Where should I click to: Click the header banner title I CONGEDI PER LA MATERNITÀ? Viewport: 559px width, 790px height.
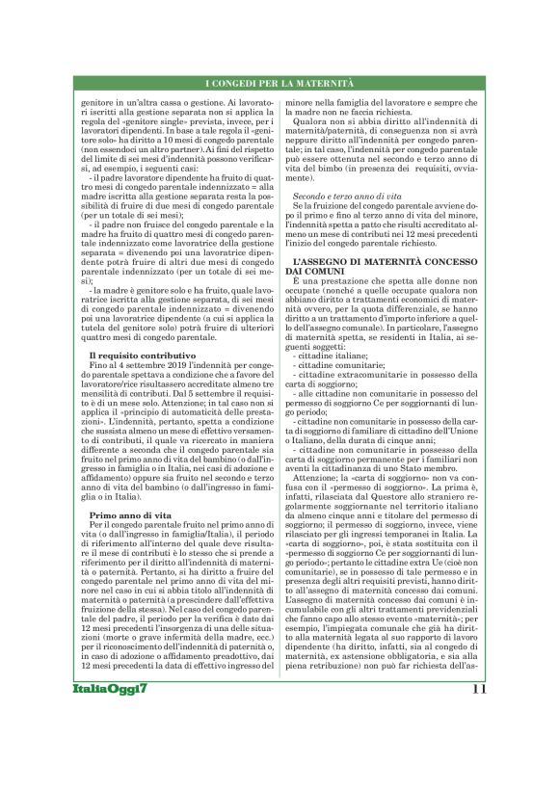[x=279, y=86]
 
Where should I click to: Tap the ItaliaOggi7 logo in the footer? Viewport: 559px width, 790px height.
[x=108, y=742]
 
